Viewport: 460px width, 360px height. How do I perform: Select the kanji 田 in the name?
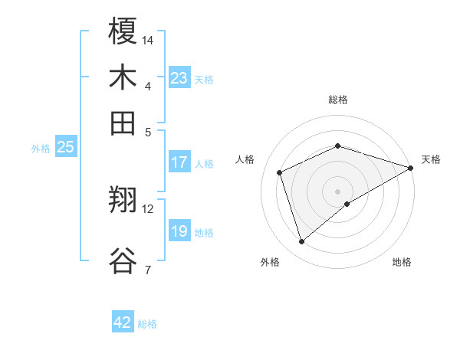click(x=123, y=123)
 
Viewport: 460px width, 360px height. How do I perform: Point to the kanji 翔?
click(x=123, y=200)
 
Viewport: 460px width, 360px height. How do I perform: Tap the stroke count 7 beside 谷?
click(x=147, y=270)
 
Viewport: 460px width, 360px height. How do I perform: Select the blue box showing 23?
click(x=179, y=78)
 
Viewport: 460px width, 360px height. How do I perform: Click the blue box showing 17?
click(x=179, y=162)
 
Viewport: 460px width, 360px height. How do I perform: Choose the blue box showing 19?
click(x=179, y=231)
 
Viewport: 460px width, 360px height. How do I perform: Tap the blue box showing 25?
click(x=65, y=147)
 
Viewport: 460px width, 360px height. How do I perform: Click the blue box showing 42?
click(x=123, y=322)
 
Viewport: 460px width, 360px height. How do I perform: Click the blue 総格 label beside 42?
click(x=147, y=324)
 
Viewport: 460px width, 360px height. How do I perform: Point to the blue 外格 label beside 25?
click(x=41, y=149)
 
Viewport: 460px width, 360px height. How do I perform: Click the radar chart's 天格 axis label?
click(x=431, y=159)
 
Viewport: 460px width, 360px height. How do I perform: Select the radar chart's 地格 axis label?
click(x=402, y=262)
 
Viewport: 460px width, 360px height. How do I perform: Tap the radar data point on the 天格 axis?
click(x=411, y=168)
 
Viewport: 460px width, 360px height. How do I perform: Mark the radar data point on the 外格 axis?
click(x=301, y=242)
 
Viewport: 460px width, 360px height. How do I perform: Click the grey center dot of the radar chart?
click(x=337, y=191)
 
